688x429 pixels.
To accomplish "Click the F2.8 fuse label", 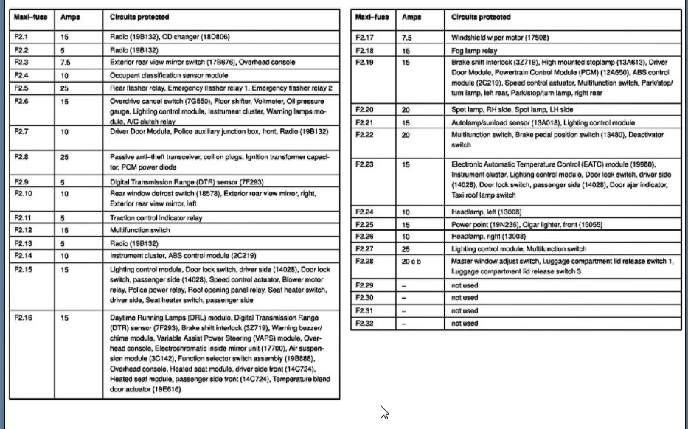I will coord(21,157).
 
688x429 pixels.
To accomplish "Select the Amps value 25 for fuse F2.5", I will coord(64,88).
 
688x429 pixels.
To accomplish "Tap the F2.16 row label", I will coord(23,318).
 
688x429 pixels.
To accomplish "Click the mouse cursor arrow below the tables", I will coord(383,412).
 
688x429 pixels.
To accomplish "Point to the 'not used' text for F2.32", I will coord(464,323).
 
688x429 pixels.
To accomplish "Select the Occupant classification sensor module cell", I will coord(169,75).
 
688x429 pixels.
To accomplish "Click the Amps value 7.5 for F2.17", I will coord(406,37).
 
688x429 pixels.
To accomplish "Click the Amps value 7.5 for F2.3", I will coord(66,63).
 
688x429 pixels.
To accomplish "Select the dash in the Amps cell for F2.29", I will coord(404,285).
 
